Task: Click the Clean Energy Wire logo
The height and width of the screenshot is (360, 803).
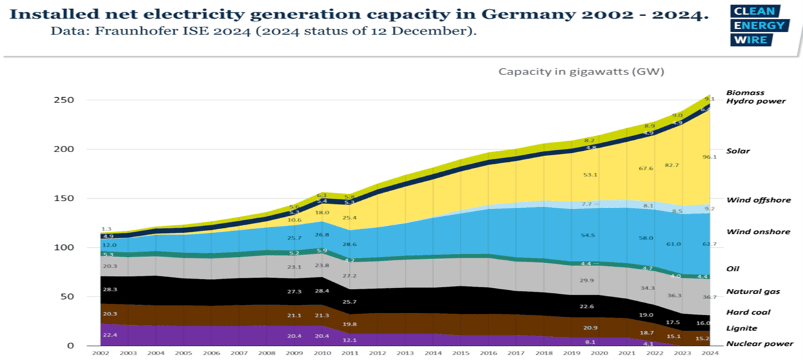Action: (760, 25)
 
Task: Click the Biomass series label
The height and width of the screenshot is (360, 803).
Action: (745, 93)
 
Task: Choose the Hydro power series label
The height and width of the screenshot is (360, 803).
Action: (756, 101)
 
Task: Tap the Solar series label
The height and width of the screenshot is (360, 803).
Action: (738, 151)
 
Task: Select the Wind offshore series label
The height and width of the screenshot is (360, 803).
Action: (758, 200)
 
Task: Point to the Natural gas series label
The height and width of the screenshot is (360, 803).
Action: (752, 291)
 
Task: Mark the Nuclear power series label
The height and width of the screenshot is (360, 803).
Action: (760, 344)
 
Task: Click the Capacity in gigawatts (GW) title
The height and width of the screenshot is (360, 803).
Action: (581, 71)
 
